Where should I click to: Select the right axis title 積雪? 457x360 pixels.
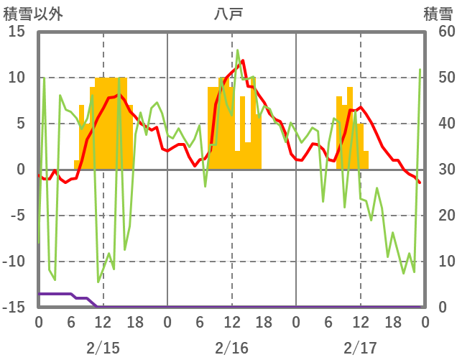pyautogui.click(x=438, y=13)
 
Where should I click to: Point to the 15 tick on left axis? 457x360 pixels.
pyautogui.click(x=17, y=32)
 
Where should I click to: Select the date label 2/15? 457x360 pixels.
pyautogui.click(x=103, y=348)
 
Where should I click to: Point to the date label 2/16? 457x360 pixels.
pyautogui.click(x=231, y=348)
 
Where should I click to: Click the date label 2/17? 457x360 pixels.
pyautogui.click(x=360, y=348)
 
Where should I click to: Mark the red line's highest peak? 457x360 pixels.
pyautogui.click(x=243, y=61)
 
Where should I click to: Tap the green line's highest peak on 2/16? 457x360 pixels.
pyautogui.click(x=238, y=50)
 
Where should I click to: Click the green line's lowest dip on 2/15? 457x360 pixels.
pyautogui.click(x=98, y=282)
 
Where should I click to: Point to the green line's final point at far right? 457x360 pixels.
pyautogui.click(x=420, y=70)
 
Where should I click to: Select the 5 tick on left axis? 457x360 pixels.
pyautogui.click(x=20, y=124)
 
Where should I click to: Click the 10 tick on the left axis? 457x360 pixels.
pyautogui.click(x=17, y=78)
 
